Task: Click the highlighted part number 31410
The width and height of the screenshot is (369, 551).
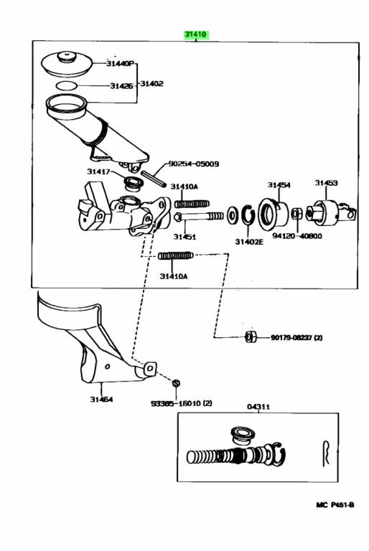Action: (196, 35)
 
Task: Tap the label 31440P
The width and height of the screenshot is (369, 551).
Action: (120, 64)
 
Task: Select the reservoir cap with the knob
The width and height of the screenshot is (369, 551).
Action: (67, 64)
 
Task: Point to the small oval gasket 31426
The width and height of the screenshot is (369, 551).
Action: (66, 85)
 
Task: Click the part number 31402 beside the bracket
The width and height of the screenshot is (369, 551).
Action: (151, 84)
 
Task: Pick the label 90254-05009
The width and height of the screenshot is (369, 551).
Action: (193, 164)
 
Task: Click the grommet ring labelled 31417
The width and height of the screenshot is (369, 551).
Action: (134, 183)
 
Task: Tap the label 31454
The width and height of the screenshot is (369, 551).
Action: (279, 185)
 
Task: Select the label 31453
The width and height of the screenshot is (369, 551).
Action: (326, 183)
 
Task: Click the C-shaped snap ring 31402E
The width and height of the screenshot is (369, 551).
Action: (248, 215)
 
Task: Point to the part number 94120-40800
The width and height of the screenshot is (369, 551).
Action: (297, 236)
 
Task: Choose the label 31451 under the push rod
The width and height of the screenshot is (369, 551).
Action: (184, 237)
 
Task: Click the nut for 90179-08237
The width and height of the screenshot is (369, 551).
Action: (250, 336)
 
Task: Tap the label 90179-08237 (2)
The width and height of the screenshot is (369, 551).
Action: (296, 338)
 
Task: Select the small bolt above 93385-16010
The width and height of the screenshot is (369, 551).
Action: (176, 382)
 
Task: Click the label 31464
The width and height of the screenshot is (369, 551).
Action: (102, 399)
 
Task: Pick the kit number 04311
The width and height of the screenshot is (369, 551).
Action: (258, 407)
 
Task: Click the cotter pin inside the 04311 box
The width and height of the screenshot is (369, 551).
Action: (326, 453)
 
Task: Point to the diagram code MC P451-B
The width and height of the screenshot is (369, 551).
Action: (335, 505)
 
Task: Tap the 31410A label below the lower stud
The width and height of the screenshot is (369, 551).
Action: (174, 276)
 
